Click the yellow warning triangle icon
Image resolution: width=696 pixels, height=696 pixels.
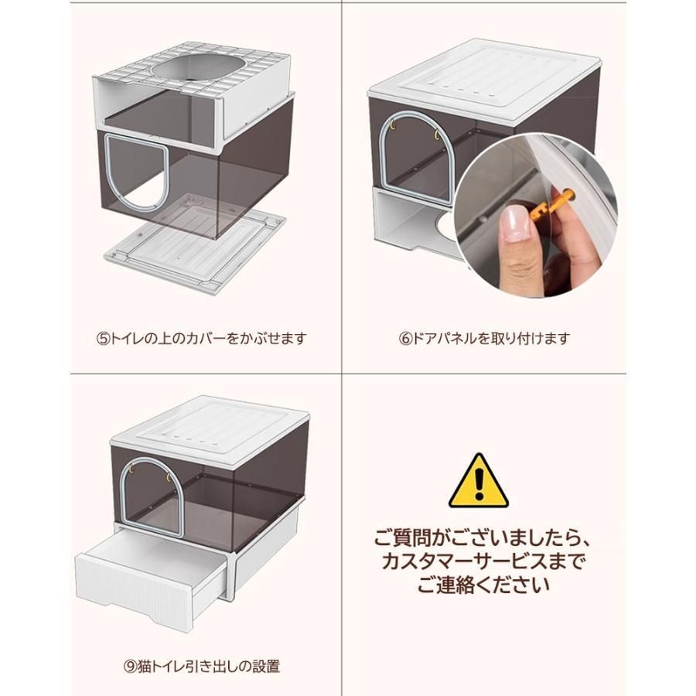(478, 481)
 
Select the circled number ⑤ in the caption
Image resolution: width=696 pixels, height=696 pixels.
(103, 339)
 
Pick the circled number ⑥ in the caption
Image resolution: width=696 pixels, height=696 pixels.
(406, 339)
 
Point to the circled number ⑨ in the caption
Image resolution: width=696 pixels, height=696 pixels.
(130, 667)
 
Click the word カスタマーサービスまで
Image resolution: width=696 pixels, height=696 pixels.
(482, 561)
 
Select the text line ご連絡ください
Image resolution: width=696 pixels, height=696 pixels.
(483, 585)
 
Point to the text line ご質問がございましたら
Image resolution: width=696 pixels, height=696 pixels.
(482, 537)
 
